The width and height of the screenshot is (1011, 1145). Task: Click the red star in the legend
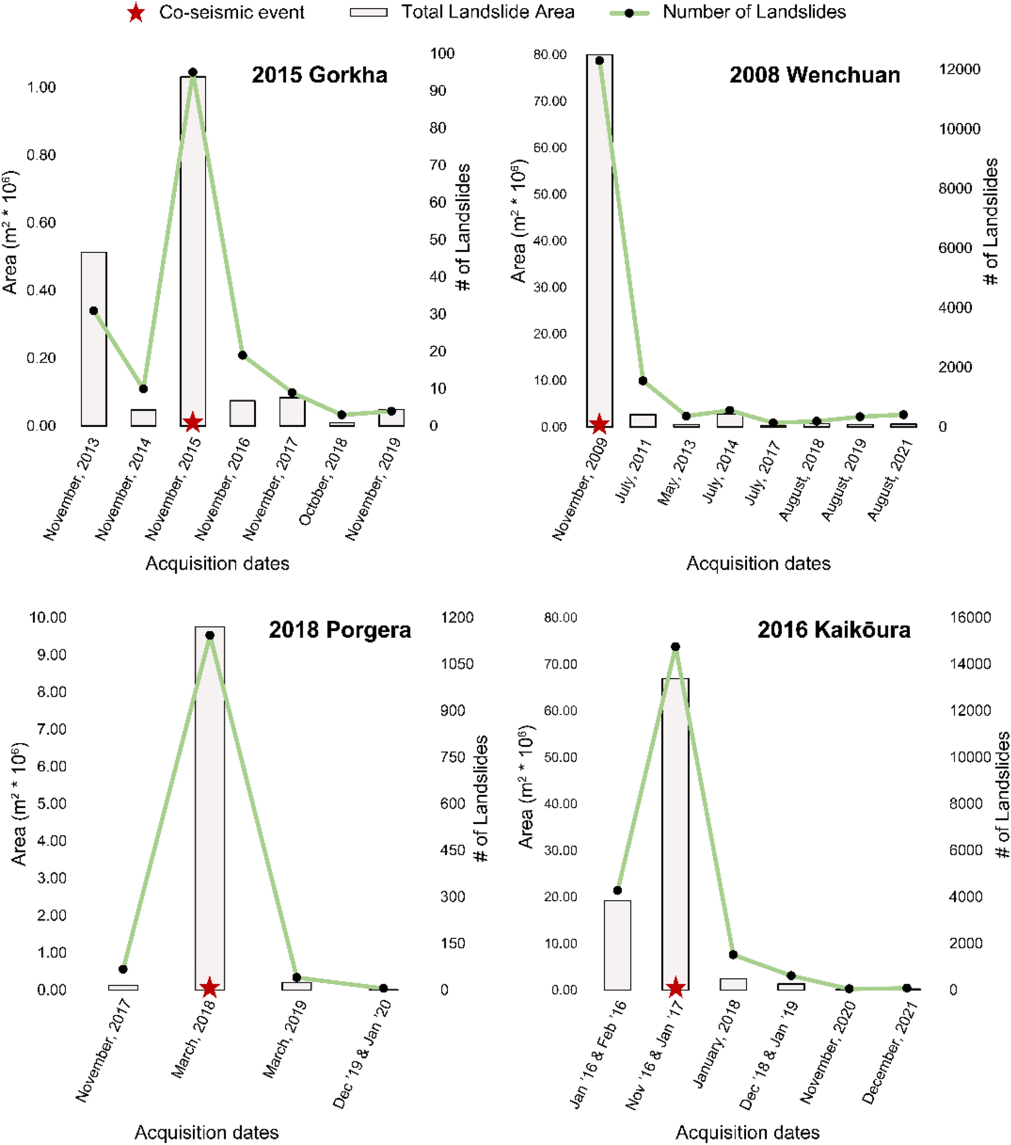point(136,12)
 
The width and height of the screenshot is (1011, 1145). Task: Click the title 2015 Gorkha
point(319,75)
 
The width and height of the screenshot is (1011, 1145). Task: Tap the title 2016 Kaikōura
point(834,630)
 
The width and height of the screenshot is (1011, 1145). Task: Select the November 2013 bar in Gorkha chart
point(94,339)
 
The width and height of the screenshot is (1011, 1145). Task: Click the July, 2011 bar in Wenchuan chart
point(643,421)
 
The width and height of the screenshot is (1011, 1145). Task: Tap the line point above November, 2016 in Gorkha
point(242,355)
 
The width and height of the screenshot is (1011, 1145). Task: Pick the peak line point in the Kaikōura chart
point(676,647)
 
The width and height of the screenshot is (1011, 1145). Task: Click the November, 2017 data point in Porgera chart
point(123,969)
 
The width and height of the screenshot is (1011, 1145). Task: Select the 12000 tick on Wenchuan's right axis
point(960,70)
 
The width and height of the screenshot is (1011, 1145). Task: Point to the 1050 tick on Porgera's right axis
point(457,664)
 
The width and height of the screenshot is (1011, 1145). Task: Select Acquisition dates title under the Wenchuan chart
point(759,563)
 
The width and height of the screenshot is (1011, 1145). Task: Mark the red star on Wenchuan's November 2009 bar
point(599,424)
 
